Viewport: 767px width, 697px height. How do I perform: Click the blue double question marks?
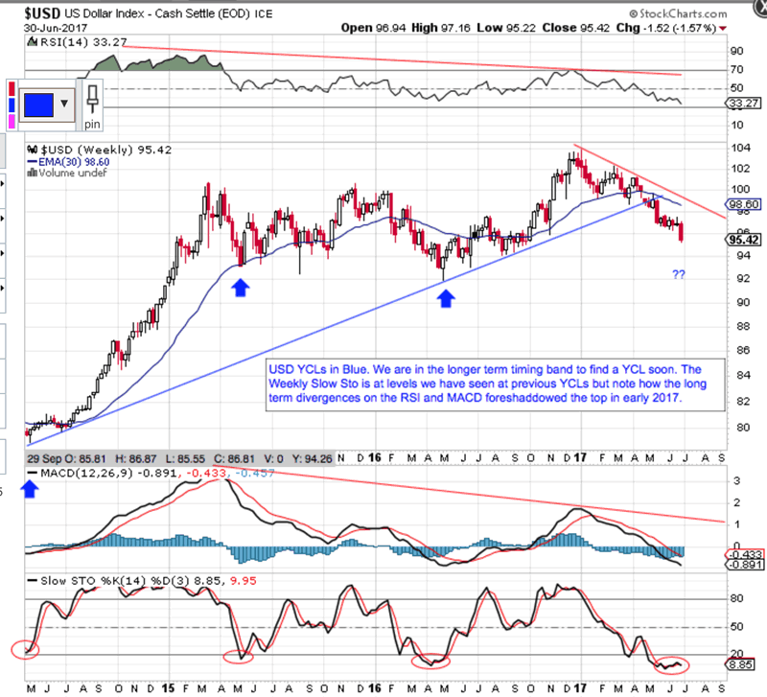(678, 275)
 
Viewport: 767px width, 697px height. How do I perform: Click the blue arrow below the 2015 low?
(240, 286)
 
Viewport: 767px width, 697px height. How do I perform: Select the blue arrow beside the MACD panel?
(30, 490)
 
